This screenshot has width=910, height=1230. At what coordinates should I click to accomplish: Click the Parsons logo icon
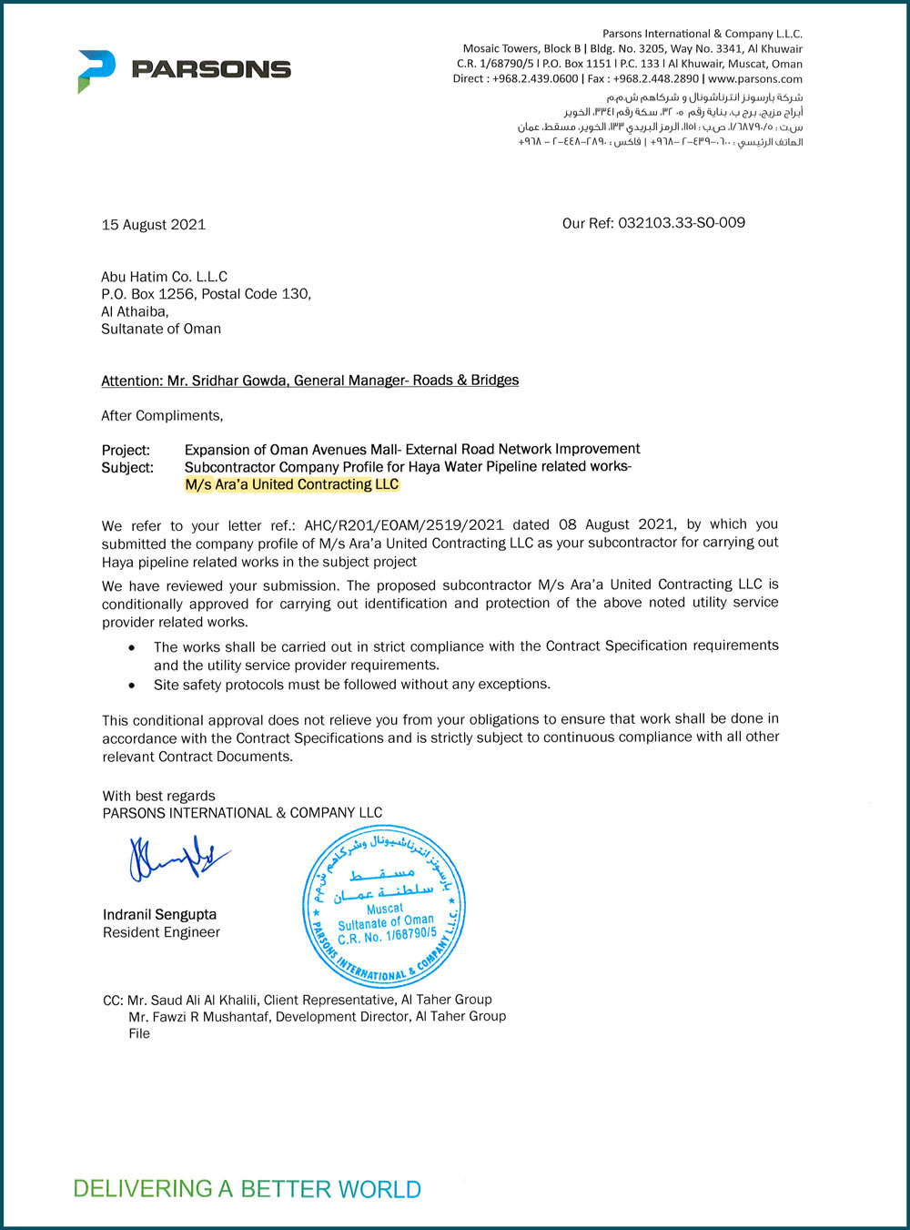tap(96, 70)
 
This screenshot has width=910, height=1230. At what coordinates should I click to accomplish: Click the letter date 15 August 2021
tap(154, 225)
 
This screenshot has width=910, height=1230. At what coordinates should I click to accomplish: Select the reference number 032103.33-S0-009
tap(682, 223)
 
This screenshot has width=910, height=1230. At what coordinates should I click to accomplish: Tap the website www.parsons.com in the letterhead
tap(755, 79)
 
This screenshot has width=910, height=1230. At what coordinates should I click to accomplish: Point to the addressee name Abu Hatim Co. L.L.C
tap(165, 277)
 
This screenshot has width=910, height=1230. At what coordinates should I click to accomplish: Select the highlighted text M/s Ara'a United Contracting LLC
tap(292, 484)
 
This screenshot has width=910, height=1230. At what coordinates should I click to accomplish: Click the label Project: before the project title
tap(126, 450)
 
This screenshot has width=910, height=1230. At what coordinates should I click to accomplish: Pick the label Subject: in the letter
tap(127, 468)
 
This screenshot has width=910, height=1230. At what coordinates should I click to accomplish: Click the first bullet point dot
tap(133, 647)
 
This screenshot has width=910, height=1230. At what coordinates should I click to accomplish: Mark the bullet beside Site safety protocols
tap(133, 686)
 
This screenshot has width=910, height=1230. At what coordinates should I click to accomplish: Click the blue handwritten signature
tap(177, 859)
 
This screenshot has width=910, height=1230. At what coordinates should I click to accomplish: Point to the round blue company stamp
tap(383, 906)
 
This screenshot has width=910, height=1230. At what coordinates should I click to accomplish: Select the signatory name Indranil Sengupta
tap(160, 915)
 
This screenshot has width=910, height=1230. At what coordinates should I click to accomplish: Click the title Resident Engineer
tap(161, 932)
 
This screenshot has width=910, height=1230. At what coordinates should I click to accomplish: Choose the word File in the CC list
tap(139, 1033)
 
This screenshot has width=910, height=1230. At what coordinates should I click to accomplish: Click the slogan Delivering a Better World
tap(247, 1189)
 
